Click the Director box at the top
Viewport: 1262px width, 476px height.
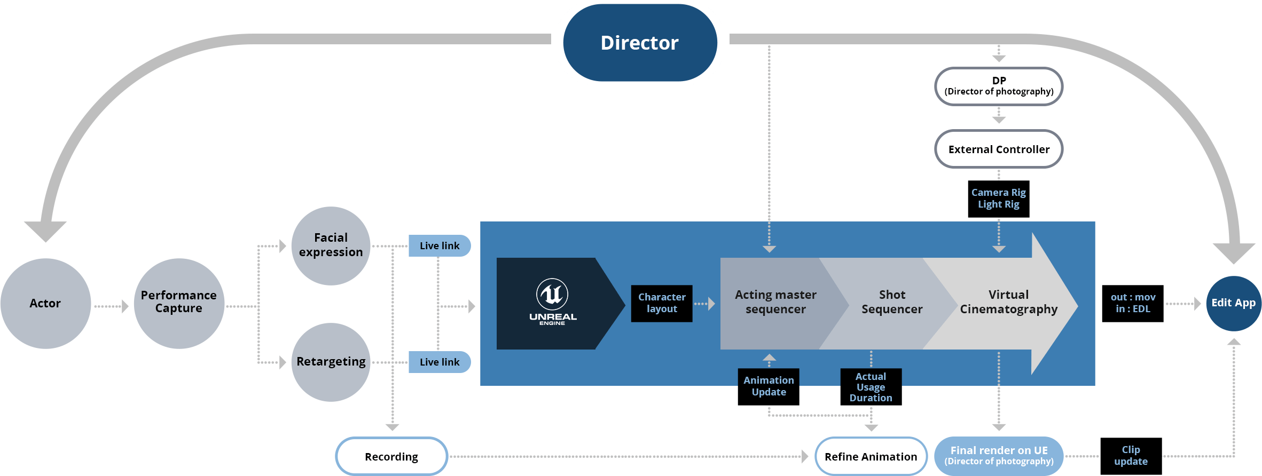pyautogui.click(x=639, y=43)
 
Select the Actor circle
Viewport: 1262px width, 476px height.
pyautogui.click(x=45, y=303)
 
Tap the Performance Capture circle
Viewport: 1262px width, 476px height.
pyautogui.click(x=178, y=303)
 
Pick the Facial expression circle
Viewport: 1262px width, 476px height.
pyautogui.click(x=331, y=245)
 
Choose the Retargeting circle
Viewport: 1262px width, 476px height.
pyautogui.click(x=331, y=362)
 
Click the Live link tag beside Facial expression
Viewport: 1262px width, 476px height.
pyautogui.click(x=439, y=246)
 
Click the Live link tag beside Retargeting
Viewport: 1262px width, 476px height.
pyautogui.click(x=439, y=362)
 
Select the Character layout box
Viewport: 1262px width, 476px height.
pyautogui.click(x=662, y=303)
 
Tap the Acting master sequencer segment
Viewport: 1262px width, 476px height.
pyautogui.click(x=775, y=302)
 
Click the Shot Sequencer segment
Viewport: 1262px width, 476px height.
pyautogui.click(x=892, y=302)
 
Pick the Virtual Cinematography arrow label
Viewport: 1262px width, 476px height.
pyautogui.click(x=1008, y=302)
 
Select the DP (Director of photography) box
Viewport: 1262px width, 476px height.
pyautogui.click(x=999, y=86)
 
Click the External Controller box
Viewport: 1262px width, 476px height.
pyautogui.click(x=999, y=149)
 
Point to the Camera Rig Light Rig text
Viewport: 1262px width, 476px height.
pyautogui.click(x=998, y=199)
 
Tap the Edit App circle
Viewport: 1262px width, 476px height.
pyautogui.click(x=1233, y=303)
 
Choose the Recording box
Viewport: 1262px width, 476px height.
pyautogui.click(x=391, y=457)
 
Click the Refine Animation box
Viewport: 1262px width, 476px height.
pyautogui.click(x=871, y=457)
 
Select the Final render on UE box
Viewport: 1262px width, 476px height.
pyautogui.click(x=999, y=455)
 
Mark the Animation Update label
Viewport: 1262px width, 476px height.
pyautogui.click(x=769, y=386)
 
